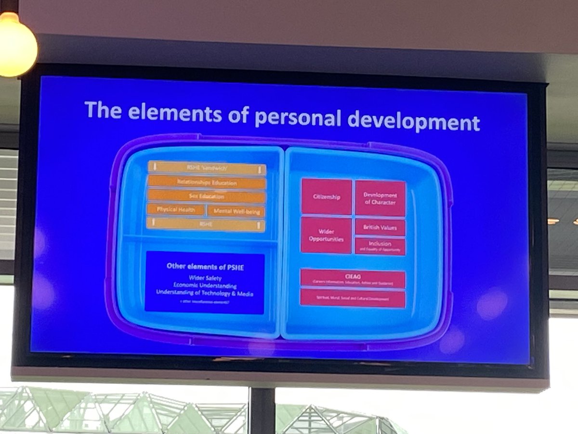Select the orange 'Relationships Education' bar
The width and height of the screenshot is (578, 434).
point(207,183)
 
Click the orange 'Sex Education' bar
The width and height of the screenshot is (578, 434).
point(207,197)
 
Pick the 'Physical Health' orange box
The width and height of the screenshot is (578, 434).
point(176,210)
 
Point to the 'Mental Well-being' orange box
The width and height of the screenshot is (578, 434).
point(236,211)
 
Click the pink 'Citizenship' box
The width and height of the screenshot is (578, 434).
point(327,197)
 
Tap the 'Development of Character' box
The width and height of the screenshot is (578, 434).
point(380,198)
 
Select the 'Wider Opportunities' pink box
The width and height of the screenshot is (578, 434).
point(326,235)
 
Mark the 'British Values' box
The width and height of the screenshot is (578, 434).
point(380,227)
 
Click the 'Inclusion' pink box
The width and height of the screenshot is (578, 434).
point(380,246)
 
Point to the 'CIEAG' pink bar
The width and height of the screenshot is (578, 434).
point(353,279)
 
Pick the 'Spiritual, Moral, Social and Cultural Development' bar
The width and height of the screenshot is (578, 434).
point(353,298)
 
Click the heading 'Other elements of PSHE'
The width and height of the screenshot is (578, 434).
point(205,266)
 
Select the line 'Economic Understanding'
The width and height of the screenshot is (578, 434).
point(205,285)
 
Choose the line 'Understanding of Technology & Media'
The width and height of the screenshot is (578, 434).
point(205,293)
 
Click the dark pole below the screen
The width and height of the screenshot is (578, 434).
point(262,410)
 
